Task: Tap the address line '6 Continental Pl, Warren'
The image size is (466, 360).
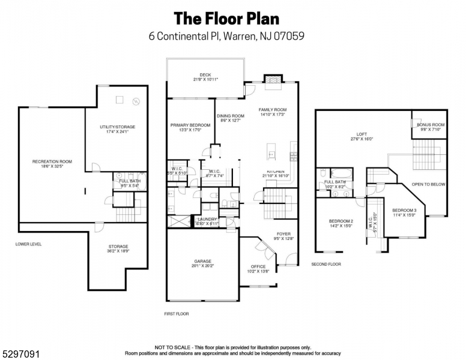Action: click(x=226, y=36)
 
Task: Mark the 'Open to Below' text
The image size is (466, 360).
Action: click(x=428, y=185)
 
